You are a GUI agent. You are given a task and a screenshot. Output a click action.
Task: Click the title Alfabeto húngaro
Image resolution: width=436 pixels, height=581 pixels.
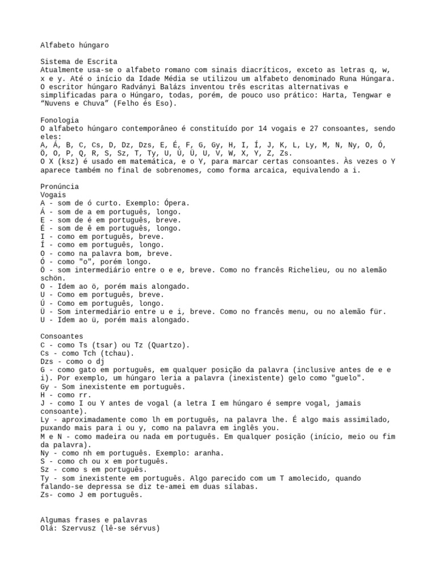pos(74,44)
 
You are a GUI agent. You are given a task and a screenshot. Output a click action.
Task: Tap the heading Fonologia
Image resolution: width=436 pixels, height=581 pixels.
pos(60,120)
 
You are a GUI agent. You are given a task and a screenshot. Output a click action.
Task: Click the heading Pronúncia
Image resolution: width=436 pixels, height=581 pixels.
pos(60,187)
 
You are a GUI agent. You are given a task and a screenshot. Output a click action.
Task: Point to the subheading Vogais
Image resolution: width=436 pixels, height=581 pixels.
pos(53,195)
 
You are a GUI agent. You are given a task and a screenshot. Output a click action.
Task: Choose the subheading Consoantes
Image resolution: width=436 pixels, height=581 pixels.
pos(62,336)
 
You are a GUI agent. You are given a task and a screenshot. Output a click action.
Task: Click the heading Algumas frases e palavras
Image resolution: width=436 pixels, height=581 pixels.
pos(94,520)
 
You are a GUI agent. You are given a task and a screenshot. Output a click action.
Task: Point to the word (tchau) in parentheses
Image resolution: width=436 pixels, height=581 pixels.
pos(116,353)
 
